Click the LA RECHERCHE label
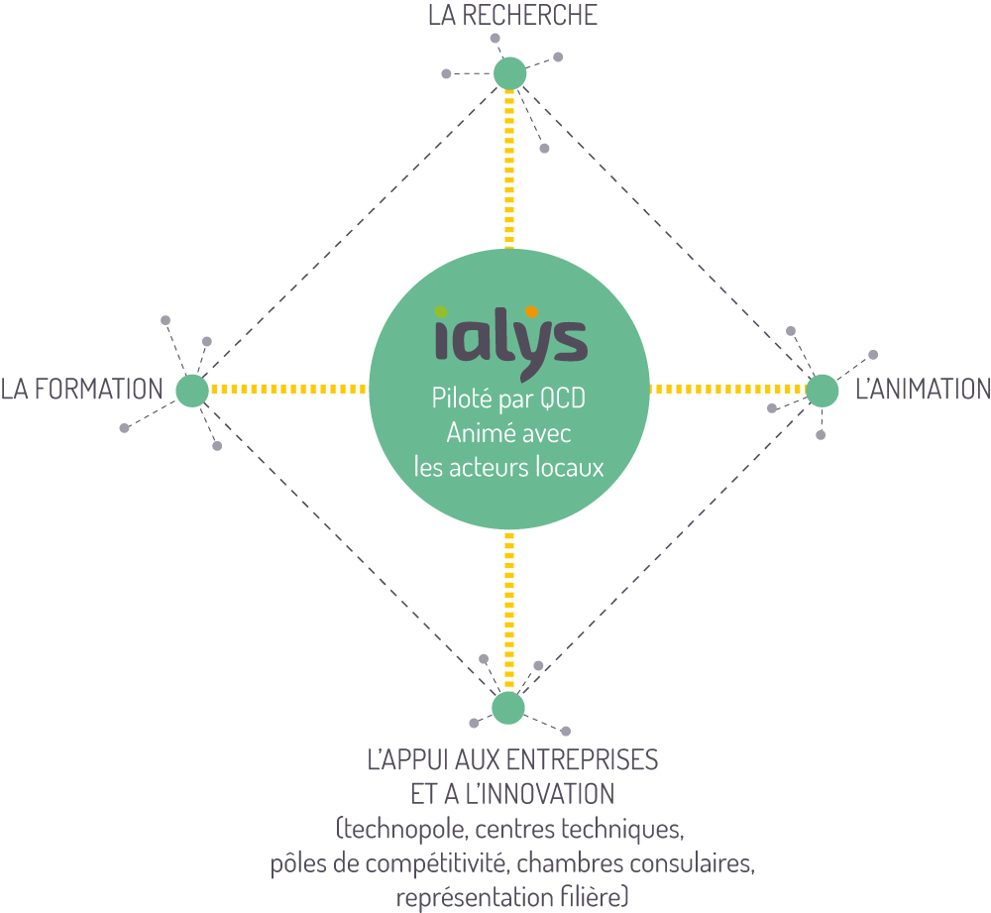[x=512, y=16]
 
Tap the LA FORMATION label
[x=82, y=390]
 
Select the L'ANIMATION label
[x=923, y=390]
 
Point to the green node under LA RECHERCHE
[x=510, y=74]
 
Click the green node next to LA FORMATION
[x=192, y=391]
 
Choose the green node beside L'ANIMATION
[x=823, y=391]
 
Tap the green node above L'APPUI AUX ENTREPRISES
[x=508, y=708]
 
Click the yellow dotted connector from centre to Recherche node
[x=509, y=170]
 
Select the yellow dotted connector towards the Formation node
[x=288, y=390]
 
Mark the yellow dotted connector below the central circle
[x=509, y=611]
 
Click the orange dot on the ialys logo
[x=531, y=311]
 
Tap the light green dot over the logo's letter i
[x=441, y=311]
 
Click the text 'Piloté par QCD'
[x=508, y=399]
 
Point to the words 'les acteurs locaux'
[x=508, y=468]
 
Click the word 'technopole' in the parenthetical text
[x=404, y=829]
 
